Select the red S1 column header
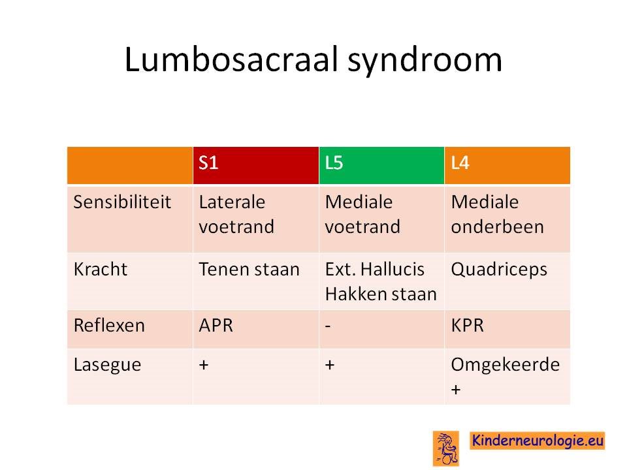(256, 165)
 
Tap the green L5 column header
(382, 165)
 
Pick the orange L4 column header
(507, 165)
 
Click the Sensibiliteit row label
(122, 202)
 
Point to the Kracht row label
(101, 269)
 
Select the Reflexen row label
(109, 325)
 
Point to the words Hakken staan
(381, 294)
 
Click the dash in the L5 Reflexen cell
(328, 326)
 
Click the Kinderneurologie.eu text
(538, 441)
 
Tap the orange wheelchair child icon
(446, 448)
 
